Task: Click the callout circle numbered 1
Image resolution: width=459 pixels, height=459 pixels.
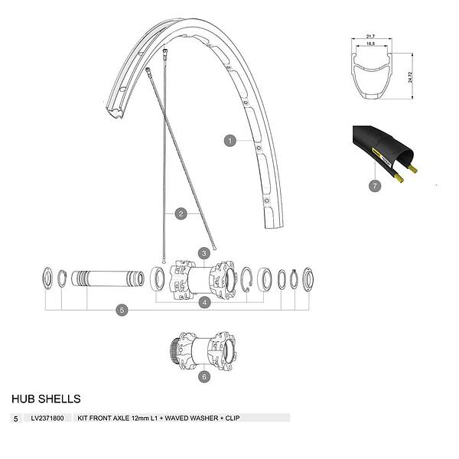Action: [229, 141]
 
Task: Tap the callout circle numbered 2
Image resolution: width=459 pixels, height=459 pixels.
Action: [181, 213]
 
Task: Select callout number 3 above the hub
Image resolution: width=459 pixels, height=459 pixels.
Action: [204, 253]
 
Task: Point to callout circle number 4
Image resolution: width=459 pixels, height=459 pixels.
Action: [204, 302]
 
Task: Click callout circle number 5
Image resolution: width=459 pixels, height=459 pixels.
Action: [122, 310]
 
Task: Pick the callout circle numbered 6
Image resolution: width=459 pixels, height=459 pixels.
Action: [204, 376]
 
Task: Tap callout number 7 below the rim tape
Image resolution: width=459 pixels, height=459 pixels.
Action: [375, 186]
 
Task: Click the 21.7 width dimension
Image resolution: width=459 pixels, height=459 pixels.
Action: [370, 36]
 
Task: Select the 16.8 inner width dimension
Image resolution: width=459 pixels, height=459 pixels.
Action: [370, 44]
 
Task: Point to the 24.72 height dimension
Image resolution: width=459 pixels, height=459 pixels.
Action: [410, 77]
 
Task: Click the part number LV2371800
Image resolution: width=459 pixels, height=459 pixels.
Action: [47, 418]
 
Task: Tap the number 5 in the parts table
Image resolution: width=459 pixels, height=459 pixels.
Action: [16, 419]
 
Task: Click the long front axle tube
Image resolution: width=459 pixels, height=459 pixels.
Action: [108, 278]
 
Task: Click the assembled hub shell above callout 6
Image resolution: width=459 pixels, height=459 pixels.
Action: [203, 351]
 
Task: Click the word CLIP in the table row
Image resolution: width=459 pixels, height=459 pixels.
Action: [233, 418]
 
